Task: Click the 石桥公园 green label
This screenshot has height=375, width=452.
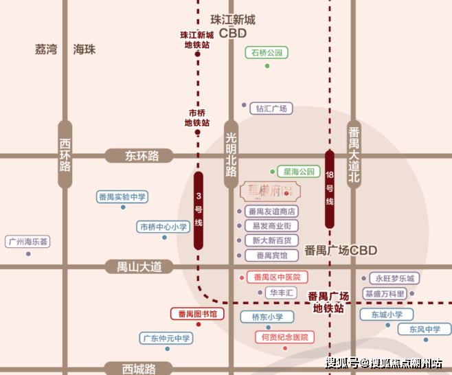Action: click(x=267, y=52)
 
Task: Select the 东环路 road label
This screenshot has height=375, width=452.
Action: click(x=142, y=156)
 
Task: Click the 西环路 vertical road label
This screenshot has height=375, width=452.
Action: click(x=65, y=155)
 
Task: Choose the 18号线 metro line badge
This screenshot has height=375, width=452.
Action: click(x=330, y=190)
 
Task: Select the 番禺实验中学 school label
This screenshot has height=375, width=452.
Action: click(x=122, y=197)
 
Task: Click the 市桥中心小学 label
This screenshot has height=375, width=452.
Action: click(x=163, y=227)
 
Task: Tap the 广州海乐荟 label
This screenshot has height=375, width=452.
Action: click(x=28, y=242)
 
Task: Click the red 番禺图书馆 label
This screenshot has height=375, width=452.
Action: click(x=197, y=314)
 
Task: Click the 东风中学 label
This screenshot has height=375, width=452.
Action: click(x=425, y=330)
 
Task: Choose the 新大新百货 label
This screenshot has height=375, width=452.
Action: click(x=271, y=240)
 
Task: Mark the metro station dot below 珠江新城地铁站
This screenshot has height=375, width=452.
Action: click(x=197, y=54)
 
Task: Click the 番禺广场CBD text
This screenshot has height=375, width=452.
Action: click(x=341, y=251)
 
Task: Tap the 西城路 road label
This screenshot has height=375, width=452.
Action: click(x=140, y=368)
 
